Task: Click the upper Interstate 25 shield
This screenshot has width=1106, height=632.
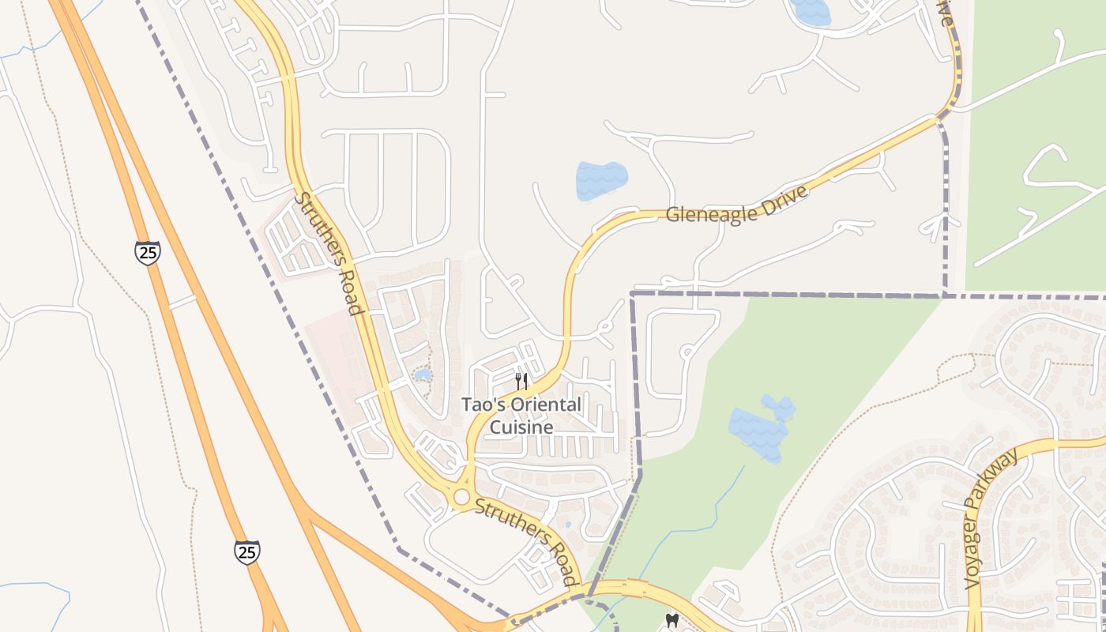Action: (147, 253)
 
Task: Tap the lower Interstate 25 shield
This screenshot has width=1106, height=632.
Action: (247, 551)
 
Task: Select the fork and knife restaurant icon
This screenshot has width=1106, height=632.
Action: (521, 382)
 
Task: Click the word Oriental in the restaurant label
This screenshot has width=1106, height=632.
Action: (546, 405)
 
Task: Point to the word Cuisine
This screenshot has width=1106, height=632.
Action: (521, 427)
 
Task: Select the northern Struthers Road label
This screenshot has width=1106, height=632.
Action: (329, 253)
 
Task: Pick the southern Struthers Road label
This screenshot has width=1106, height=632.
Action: (526, 540)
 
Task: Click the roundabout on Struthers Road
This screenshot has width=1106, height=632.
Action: (461, 497)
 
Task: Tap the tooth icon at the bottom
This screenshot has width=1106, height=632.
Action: (672, 620)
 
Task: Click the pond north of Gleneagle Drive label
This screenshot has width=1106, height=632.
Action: (601, 180)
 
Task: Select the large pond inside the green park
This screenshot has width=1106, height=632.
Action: (758, 431)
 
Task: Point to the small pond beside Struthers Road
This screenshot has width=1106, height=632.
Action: (423, 374)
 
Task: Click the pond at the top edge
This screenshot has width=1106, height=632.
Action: (810, 10)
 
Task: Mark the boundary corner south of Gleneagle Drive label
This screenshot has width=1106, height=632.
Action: (632, 294)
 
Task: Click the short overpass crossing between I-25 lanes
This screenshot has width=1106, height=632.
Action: (182, 301)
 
